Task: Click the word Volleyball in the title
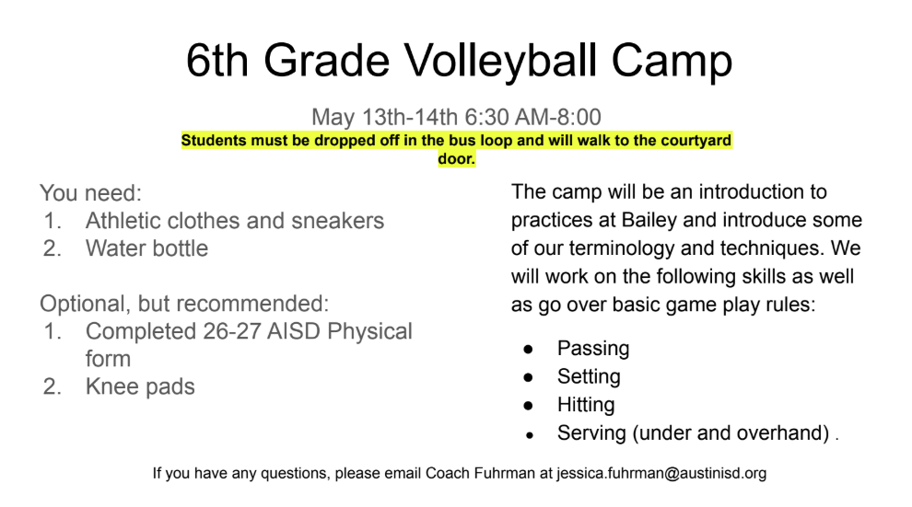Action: point(500,62)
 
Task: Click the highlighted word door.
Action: point(457,158)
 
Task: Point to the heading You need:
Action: point(90,193)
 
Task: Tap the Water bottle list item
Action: point(146,248)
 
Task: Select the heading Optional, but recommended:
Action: point(184,304)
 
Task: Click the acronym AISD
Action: point(293,331)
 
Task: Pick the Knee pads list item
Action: point(140,386)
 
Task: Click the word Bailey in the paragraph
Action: point(649,220)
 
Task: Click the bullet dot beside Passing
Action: point(528,349)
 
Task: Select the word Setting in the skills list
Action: point(589,377)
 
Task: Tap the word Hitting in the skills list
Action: point(586,405)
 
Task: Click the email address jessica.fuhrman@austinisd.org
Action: point(661,473)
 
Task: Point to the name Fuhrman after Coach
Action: point(504,473)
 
